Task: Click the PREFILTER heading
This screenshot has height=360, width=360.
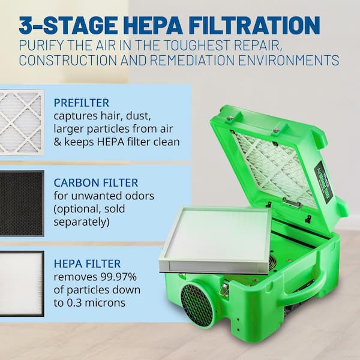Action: click(x=81, y=103)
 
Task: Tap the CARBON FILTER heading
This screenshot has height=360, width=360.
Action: click(x=96, y=183)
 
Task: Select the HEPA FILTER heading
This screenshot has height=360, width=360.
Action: click(x=87, y=263)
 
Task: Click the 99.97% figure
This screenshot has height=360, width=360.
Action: click(x=118, y=277)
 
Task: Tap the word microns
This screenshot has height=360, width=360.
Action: click(x=104, y=303)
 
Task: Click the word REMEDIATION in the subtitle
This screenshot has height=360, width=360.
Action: click(x=192, y=60)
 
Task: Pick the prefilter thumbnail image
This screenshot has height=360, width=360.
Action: click(x=22, y=122)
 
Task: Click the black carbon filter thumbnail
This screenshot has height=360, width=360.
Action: click(x=22, y=203)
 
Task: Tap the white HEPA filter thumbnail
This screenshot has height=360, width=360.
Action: click(x=22, y=284)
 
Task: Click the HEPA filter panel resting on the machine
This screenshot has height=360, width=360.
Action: click(x=215, y=240)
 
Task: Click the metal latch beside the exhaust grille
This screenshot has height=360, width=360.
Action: click(x=224, y=290)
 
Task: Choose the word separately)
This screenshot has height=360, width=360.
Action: click(x=82, y=222)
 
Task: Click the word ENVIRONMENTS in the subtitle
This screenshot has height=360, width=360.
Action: click(x=289, y=60)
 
